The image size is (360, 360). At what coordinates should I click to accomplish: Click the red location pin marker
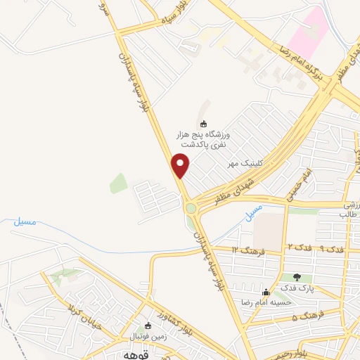[181, 165]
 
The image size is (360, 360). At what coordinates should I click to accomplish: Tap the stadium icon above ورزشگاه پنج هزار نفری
[205, 124]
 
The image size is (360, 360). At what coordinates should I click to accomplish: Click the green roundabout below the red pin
[191, 208]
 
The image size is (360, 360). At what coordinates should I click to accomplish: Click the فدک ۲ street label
[298, 247]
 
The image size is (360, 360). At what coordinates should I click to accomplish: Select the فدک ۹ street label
[330, 249]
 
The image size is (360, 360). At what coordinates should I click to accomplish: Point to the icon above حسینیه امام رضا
[266, 292]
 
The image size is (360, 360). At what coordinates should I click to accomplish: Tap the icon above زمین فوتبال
[148, 326]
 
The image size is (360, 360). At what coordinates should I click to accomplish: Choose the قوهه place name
[125, 354]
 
